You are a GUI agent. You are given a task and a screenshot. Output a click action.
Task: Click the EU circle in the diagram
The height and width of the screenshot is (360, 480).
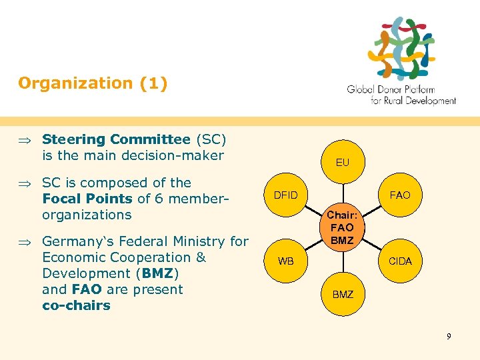(x=342, y=162)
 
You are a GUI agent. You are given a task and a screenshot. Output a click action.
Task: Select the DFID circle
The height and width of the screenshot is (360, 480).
(x=287, y=195)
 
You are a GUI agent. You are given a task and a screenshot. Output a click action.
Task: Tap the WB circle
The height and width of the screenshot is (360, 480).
(x=285, y=261)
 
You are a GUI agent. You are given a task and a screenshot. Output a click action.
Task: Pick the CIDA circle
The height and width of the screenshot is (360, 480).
(x=400, y=261)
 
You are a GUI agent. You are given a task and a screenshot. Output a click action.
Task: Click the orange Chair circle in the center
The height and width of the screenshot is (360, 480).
(x=342, y=228)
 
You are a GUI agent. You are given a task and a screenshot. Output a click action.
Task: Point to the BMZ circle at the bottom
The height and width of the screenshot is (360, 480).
(x=342, y=294)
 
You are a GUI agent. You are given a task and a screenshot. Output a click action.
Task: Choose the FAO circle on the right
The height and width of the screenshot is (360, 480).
(x=400, y=195)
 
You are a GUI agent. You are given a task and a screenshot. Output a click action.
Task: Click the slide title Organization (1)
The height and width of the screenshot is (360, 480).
(x=93, y=83)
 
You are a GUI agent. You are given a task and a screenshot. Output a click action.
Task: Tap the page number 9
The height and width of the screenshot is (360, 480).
(x=449, y=336)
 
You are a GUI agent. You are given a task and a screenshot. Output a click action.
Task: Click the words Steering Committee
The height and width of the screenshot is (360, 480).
(x=116, y=139)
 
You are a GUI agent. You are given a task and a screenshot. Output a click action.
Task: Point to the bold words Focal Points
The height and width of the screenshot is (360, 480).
(x=87, y=199)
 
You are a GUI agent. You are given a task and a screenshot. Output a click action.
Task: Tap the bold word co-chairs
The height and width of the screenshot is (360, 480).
(x=76, y=305)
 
